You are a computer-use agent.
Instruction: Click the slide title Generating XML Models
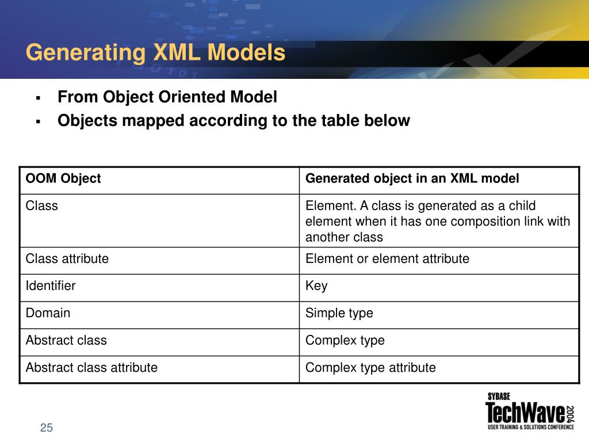tap(155, 53)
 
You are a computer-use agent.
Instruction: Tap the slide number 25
tap(47, 428)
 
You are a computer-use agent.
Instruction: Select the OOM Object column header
tap(63, 178)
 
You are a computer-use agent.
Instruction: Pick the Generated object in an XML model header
tap(412, 178)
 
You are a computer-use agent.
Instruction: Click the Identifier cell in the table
tap(51, 286)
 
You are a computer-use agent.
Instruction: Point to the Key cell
tap(316, 286)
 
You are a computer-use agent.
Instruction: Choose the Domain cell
tap(48, 313)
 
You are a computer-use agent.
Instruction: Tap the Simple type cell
tap(339, 313)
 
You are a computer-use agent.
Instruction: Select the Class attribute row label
tap(67, 259)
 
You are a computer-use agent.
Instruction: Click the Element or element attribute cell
tap(387, 259)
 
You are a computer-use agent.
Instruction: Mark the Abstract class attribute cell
tap(91, 367)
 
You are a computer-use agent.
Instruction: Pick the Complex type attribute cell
tap(370, 367)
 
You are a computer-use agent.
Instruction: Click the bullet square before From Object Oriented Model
tap(38, 98)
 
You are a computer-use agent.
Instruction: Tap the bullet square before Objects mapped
tap(38, 121)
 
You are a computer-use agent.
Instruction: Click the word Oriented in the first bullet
tap(196, 97)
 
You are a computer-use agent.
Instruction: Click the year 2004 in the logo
tap(569, 415)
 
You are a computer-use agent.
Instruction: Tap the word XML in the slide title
tap(176, 53)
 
